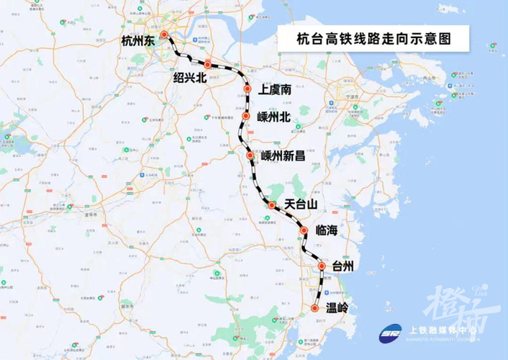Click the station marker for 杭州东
pos(164,35)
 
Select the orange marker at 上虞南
pos(247,89)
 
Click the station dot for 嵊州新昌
pos(250,155)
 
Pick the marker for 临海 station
pos(304,230)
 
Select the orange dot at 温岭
pos(314,308)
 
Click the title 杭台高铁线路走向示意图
pos(373,38)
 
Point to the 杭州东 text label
pos(138,42)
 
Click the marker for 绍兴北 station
pos(207,65)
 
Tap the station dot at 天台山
pos(271,205)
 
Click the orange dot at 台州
pos(322,266)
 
